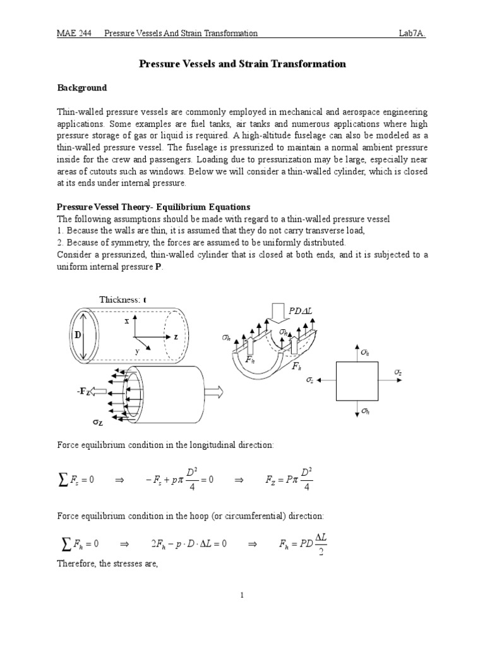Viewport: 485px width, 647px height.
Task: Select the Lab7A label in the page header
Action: coord(411,33)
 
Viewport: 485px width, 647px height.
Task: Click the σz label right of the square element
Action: coord(397,373)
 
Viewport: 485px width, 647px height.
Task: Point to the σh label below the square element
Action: coord(366,411)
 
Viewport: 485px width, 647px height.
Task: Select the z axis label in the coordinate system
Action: coord(176,337)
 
